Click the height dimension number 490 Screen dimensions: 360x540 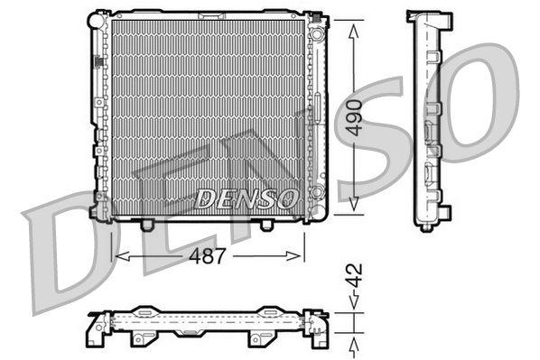358,116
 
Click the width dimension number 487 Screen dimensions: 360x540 207,256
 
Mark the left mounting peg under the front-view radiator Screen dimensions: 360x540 148,223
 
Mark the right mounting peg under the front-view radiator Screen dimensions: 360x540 266,224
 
